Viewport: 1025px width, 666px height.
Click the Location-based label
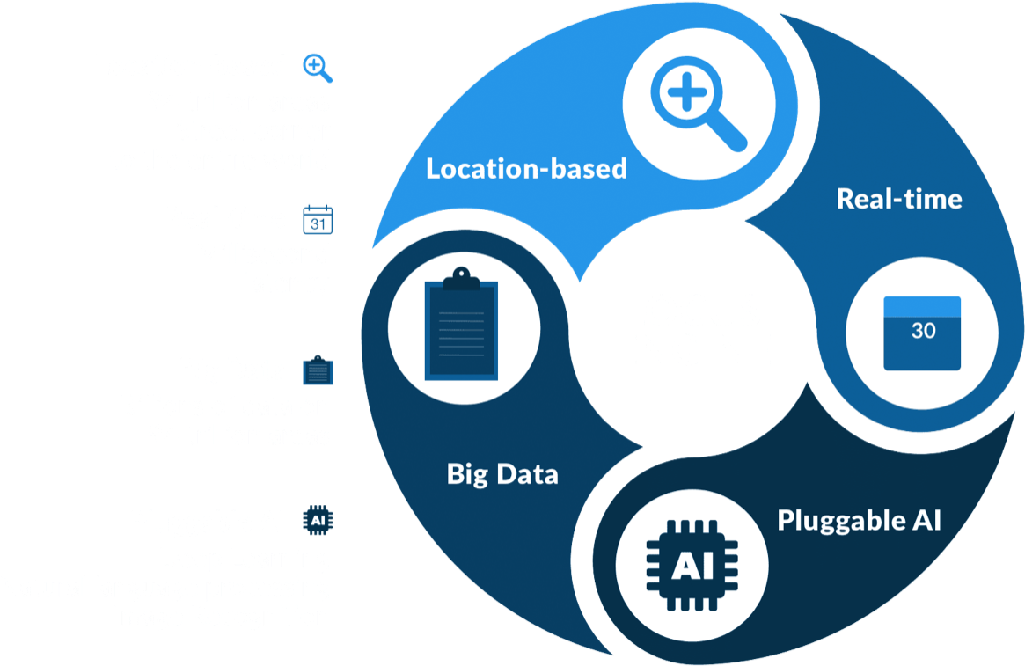526,169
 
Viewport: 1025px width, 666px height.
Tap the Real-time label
899,199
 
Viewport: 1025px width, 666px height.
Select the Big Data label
502,474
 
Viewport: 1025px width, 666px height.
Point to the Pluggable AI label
859,521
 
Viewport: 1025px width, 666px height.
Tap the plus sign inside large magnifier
686,91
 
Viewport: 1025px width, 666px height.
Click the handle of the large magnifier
727,132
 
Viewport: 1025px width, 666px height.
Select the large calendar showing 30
922,333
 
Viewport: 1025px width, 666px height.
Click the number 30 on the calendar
924,331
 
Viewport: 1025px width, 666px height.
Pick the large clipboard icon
462,324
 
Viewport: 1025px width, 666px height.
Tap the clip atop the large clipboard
462,279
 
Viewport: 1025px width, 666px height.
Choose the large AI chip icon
692,566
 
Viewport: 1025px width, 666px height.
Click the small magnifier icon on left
318,68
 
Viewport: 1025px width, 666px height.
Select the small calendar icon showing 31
318,220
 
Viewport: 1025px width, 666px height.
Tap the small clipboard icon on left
318,370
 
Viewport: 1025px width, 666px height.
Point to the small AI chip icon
318,520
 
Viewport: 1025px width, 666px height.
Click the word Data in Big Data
527,474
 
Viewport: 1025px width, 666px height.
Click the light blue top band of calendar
922,306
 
